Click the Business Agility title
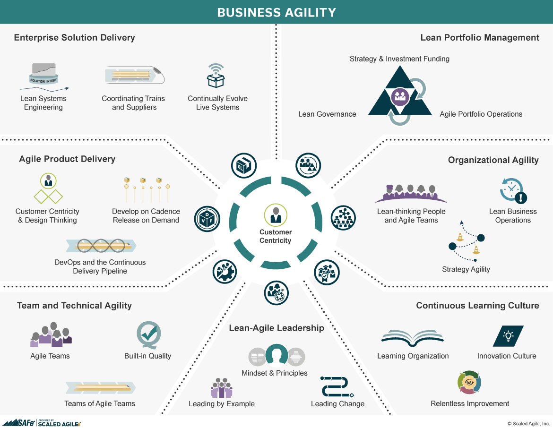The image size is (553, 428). tap(276, 12)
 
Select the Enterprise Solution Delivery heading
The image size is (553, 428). tap(74, 38)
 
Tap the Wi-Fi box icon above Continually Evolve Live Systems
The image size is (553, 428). tap(216, 76)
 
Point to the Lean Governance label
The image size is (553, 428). tap(327, 114)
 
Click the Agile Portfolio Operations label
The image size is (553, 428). tap(481, 114)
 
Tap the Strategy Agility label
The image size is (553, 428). tap(466, 269)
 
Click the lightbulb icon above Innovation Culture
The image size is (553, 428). tap(508, 336)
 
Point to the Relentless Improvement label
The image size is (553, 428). tap(470, 403)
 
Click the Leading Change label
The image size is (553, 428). tap(337, 404)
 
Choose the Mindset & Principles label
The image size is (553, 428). tap(274, 373)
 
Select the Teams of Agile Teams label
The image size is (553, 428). tap(100, 403)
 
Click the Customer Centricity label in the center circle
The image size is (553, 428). tap(276, 236)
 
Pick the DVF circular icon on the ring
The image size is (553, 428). tap(207, 219)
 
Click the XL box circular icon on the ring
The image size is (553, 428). tap(243, 166)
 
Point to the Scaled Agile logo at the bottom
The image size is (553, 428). tap(41, 423)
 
